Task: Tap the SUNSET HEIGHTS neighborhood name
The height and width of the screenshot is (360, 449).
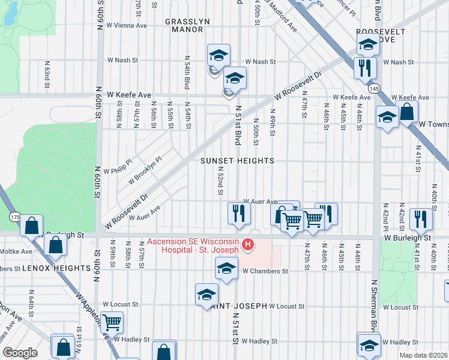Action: point(237,161)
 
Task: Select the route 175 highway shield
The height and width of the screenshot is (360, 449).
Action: point(14,215)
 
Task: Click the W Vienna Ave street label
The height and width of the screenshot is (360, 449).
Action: point(127,26)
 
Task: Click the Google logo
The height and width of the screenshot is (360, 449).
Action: point(20,353)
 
